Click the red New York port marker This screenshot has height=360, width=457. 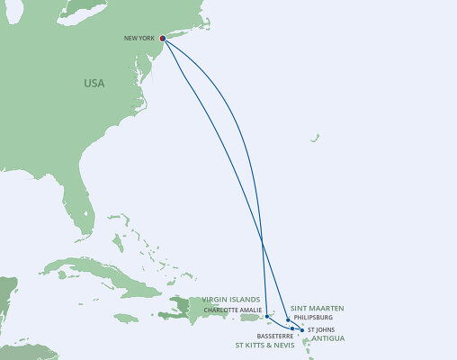click(x=162, y=39)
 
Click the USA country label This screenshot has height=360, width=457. click(x=94, y=83)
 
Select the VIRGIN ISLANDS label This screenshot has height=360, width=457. click(x=232, y=300)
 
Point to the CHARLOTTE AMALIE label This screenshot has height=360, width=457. click(x=232, y=310)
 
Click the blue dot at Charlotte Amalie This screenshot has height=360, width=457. click(x=267, y=316)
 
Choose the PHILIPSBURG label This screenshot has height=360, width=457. click(x=313, y=317)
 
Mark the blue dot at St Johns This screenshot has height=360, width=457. click(x=302, y=330)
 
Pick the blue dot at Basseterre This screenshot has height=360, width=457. click(x=292, y=328)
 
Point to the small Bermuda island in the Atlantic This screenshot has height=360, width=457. click(x=315, y=138)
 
